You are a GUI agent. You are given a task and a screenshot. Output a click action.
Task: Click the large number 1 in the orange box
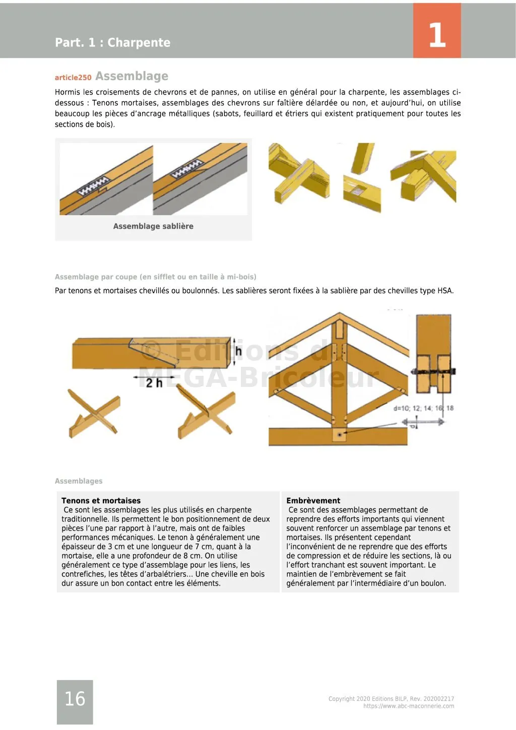[437, 35]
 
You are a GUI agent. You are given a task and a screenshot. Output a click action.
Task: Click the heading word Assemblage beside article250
[132, 76]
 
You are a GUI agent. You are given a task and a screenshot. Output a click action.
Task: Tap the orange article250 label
[73, 78]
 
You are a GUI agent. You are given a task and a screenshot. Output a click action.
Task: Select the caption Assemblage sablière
[153, 226]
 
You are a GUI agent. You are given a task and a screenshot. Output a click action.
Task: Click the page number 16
[75, 699]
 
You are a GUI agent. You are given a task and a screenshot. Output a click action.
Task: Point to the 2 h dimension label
[154, 383]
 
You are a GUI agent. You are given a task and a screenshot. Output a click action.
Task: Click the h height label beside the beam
[238, 351]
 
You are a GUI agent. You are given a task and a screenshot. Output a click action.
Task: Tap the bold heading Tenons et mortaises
[101, 501]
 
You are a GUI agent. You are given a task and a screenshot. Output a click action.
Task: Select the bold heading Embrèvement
[313, 501]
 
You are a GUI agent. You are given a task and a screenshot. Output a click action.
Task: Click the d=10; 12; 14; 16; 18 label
[423, 408]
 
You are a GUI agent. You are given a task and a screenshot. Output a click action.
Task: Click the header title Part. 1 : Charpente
[112, 43]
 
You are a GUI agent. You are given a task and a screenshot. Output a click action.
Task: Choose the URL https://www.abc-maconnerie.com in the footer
[408, 706]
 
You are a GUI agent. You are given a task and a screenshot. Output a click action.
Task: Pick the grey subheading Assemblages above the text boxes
[79, 481]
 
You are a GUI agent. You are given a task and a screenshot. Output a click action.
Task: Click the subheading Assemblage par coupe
[155, 277]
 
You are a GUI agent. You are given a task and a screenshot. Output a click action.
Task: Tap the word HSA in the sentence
[445, 291]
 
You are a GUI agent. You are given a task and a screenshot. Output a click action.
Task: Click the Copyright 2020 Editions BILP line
[391, 699]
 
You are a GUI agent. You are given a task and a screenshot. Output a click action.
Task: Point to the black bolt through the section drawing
[433, 372]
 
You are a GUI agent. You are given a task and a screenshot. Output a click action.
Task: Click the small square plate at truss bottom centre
[340, 434]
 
